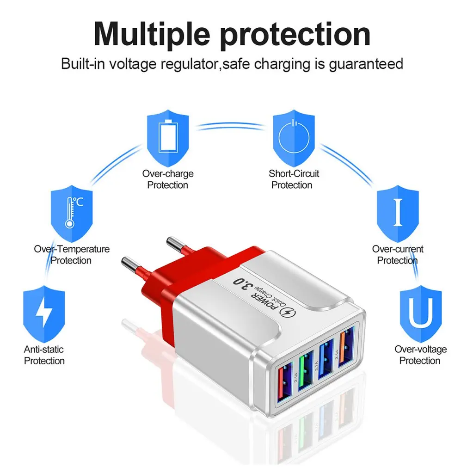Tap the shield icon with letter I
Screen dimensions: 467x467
coord(398,211)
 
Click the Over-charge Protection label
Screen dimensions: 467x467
coord(168,179)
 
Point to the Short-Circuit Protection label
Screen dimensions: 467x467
coord(294,179)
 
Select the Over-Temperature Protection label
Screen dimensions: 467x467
coord(72,255)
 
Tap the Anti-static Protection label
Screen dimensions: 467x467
coord(44,355)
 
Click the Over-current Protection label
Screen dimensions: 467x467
coord(398,255)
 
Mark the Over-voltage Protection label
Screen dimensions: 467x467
coord(420,355)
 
